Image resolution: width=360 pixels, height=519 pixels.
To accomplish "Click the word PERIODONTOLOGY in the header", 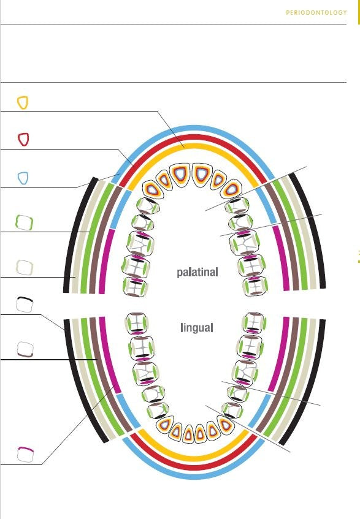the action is (x=316, y=13).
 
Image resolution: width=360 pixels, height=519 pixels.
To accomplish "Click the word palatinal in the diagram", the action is (x=197, y=273).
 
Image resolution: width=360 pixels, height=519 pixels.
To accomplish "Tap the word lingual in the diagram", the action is (x=197, y=328).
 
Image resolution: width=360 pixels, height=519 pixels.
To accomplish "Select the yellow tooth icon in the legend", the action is (x=23, y=102).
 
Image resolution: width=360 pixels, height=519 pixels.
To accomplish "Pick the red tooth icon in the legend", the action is (x=23, y=139).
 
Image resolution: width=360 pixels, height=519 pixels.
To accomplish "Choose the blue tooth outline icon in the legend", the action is (x=23, y=178).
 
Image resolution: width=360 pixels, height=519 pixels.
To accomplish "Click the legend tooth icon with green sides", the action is (x=25, y=222).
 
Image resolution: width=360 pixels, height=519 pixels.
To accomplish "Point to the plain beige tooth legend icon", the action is (x=25, y=267).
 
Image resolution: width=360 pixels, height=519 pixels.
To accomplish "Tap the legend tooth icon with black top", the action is (x=25, y=305).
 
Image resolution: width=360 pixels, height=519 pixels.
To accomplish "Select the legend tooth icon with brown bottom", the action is (x=25, y=349).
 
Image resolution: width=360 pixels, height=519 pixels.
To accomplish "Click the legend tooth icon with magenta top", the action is (x=26, y=455).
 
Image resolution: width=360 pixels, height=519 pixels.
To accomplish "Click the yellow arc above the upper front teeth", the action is (x=194, y=146).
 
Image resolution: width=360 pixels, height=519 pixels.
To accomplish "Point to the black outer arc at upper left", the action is (x=76, y=232).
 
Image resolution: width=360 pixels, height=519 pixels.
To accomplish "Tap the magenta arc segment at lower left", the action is (x=108, y=354).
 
